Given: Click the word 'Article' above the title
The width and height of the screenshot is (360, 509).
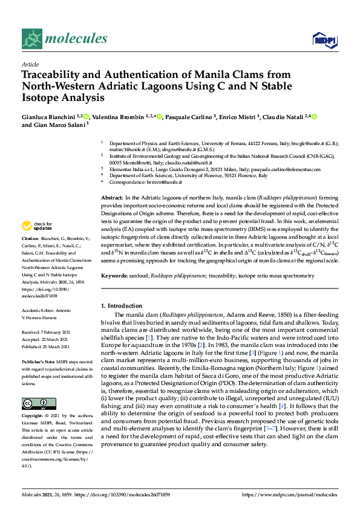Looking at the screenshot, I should [30, 63].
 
